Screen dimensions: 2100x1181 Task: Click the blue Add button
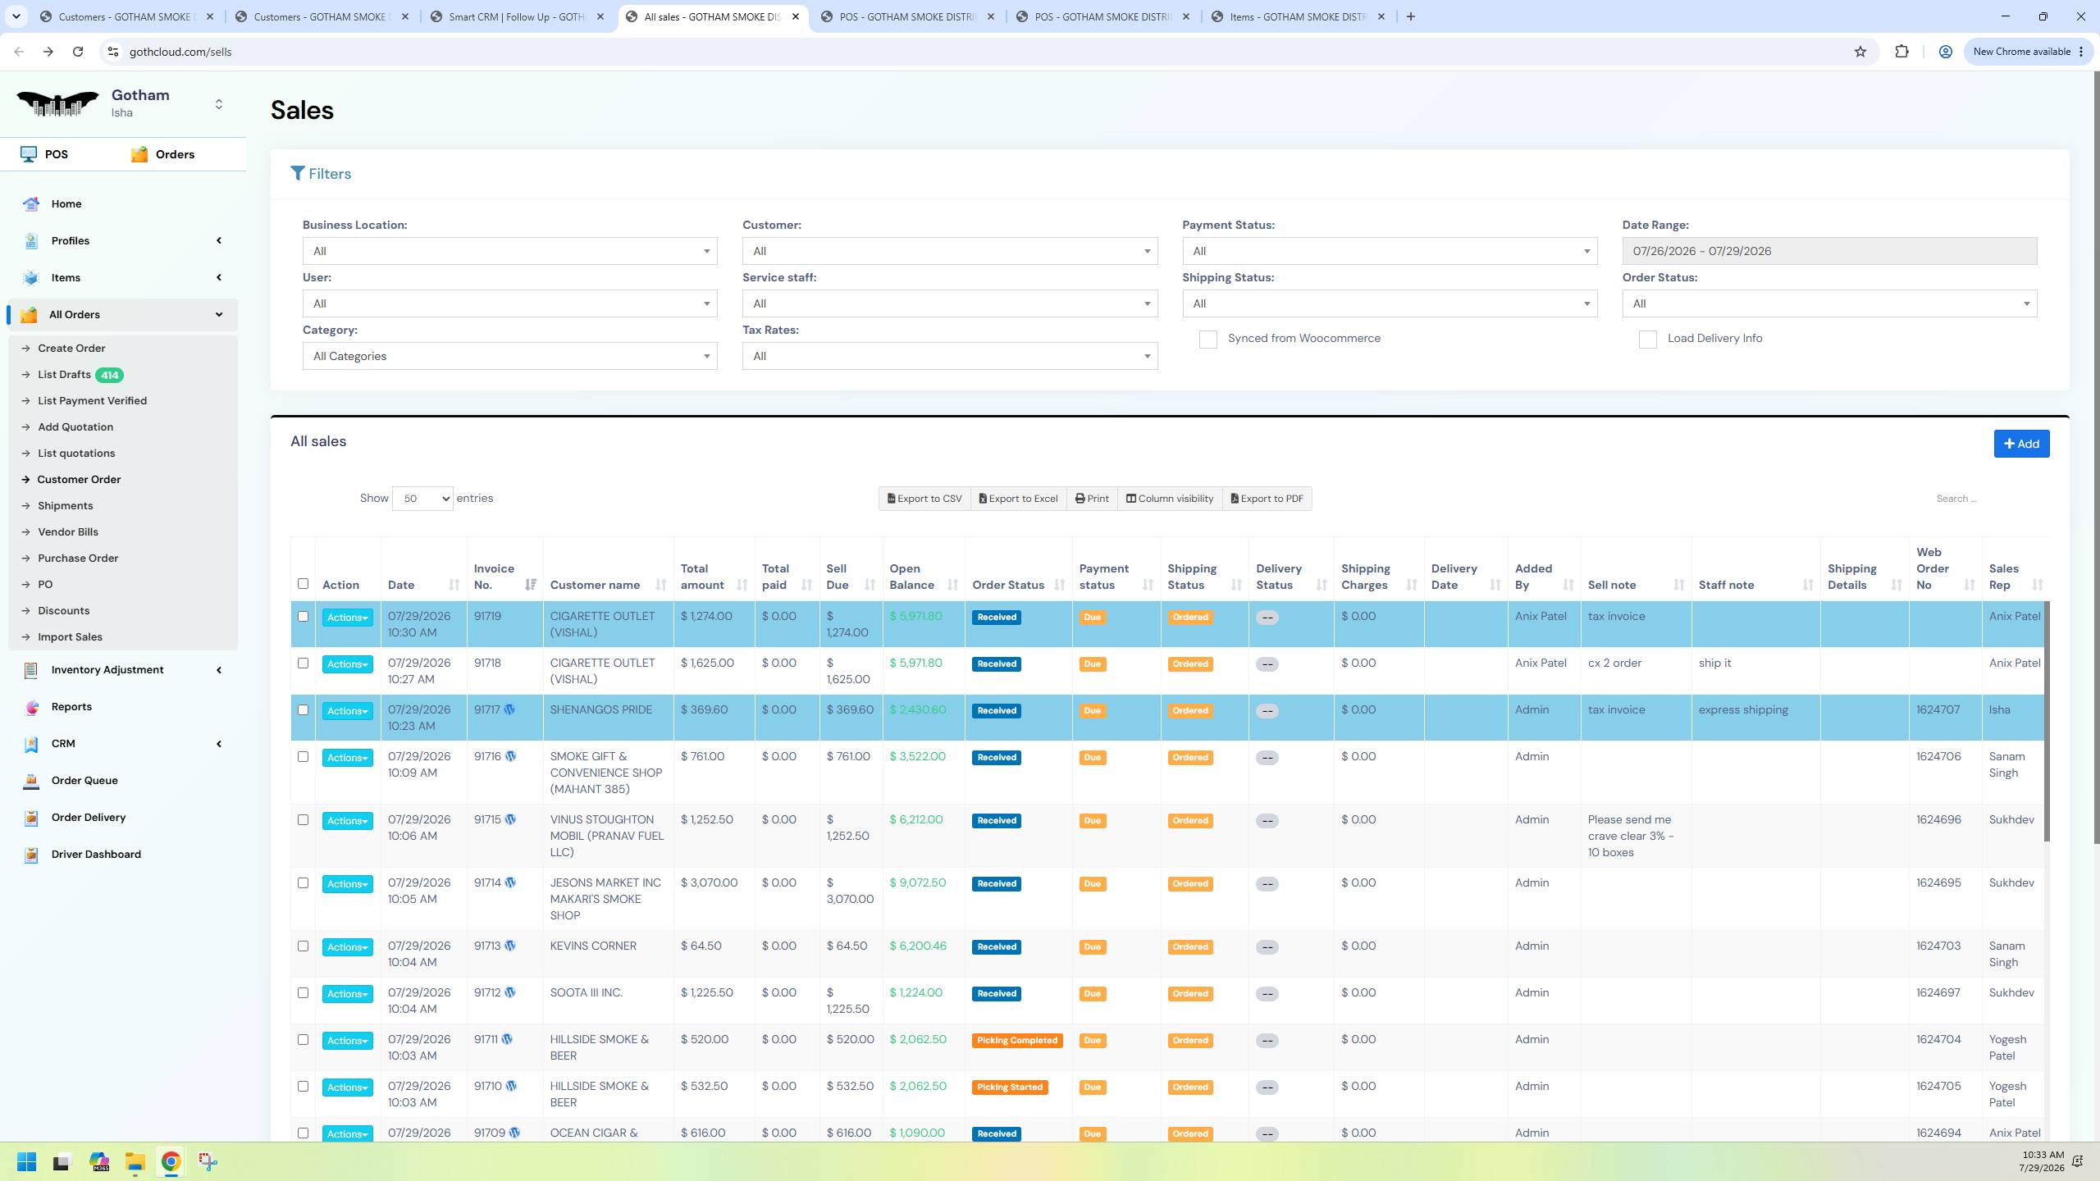point(2021,444)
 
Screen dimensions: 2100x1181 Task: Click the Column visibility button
point(1170,499)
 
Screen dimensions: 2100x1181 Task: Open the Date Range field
point(1829,251)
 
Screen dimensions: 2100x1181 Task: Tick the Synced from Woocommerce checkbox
point(1207,340)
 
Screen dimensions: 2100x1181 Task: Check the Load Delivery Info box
point(1647,340)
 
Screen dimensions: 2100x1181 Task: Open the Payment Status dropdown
point(1390,251)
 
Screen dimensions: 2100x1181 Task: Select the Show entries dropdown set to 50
point(422,499)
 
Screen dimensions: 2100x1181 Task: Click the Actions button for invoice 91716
point(347,758)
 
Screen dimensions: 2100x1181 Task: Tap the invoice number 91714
point(487,883)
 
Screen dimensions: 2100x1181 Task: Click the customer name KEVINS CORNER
point(593,946)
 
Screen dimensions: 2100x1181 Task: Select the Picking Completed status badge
point(1017,1041)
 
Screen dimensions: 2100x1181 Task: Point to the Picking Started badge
point(1010,1088)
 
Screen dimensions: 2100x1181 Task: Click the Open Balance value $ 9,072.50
point(918,883)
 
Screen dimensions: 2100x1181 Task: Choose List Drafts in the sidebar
point(64,375)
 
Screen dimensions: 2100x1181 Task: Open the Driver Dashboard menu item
point(96,855)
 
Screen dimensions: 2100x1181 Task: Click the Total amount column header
point(702,577)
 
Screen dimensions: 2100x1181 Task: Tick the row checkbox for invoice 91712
point(303,993)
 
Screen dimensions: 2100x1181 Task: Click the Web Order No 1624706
point(1938,757)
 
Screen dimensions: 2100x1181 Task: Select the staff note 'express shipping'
point(1743,710)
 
